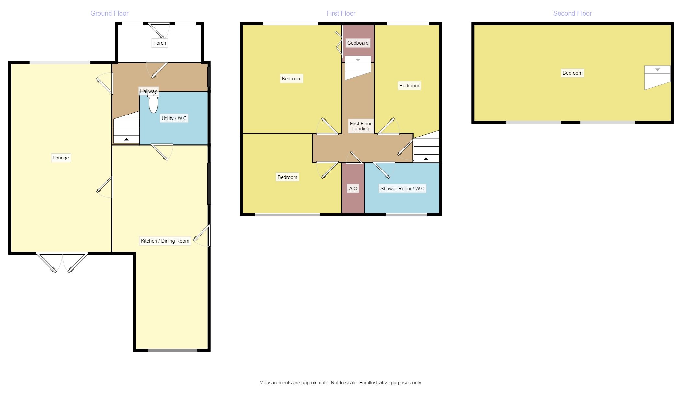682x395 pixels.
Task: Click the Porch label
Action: click(x=159, y=43)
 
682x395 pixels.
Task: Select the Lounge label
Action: click(x=61, y=158)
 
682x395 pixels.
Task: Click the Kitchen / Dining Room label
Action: click(x=165, y=241)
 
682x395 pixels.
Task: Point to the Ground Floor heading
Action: click(x=109, y=13)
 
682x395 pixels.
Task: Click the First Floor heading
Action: click(x=341, y=13)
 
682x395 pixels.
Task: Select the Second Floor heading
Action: click(x=572, y=13)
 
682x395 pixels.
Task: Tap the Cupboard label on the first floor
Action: click(x=358, y=43)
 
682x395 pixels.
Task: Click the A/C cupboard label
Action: click(x=353, y=189)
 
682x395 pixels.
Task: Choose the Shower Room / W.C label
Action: click(x=402, y=189)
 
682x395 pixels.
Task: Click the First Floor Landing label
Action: click(x=361, y=126)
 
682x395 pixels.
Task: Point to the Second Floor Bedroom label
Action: click(x=572, y=73)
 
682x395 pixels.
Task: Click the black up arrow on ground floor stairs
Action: click(x=126, y=139)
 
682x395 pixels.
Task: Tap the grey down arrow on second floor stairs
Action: click(x=657, y=70)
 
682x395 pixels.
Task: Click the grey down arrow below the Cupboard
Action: click(x=358, y=60)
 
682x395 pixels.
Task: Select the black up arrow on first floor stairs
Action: click(x=426, y=159)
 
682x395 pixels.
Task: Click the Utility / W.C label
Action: click(x=174, y=118)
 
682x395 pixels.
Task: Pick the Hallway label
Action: click(x=148, y=91)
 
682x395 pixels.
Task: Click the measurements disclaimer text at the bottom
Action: click(x=341, y=383)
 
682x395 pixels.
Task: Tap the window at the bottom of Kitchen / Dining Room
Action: click(x=172, y=350)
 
